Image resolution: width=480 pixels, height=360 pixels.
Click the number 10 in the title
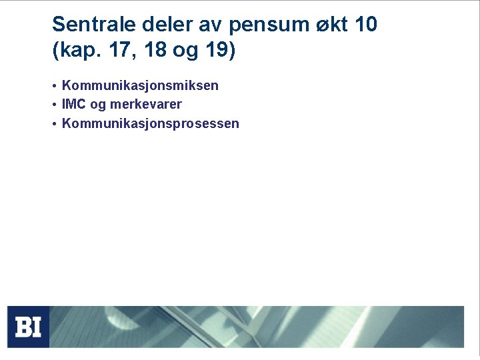366,25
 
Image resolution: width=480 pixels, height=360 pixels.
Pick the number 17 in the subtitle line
117,51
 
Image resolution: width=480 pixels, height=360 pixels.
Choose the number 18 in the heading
153,51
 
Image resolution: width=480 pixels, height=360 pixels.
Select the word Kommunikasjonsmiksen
140,86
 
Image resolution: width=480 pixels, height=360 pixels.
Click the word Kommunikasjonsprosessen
150,124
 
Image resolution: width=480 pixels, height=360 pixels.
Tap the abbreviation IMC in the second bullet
72,105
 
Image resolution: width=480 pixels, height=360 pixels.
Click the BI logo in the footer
28,327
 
